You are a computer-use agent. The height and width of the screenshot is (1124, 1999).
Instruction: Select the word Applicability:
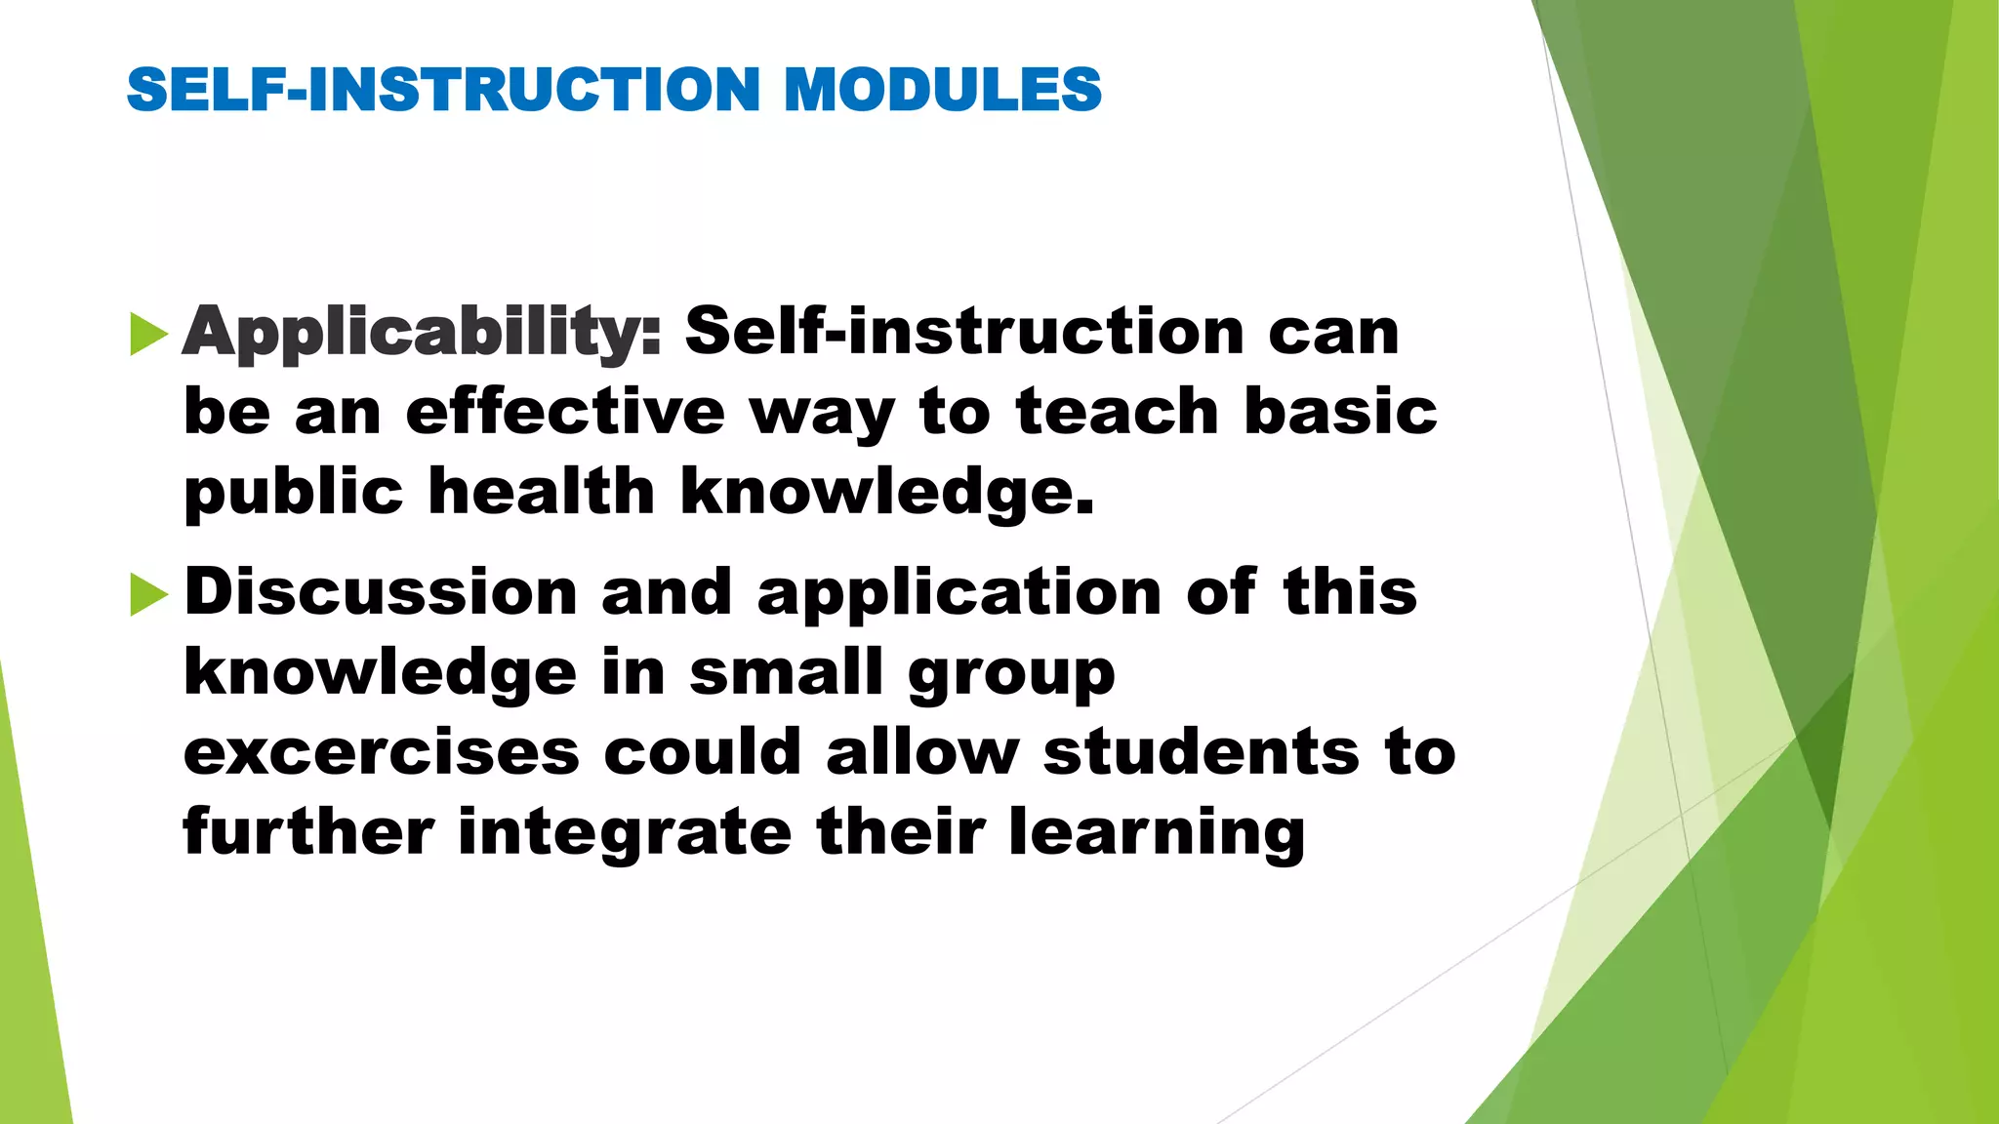pos(422,332)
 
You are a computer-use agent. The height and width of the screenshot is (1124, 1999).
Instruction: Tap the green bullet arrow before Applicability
pos(148,335)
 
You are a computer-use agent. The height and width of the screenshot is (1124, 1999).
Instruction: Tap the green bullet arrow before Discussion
pos(148,594)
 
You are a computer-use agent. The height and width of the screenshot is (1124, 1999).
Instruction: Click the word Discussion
pos(381,592)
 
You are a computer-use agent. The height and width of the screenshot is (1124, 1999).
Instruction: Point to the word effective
pos(565,411)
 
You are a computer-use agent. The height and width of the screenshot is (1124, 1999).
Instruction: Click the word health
pos(541,490)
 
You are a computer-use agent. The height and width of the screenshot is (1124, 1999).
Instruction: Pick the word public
pos(293,492)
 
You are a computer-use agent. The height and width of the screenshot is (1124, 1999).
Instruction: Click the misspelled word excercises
pos(381,752)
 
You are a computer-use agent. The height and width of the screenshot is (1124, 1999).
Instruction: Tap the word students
pos(1201,752)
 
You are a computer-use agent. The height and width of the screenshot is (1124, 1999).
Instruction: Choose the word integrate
pos(625,832)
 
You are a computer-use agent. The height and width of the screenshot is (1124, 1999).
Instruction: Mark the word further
pos(308,832)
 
